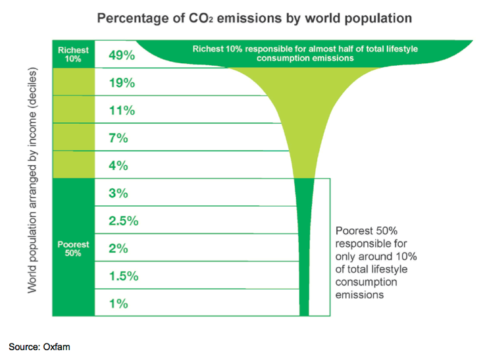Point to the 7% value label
(119, 138)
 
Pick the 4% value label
(119, 166)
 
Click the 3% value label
(119, 193)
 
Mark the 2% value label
(119, 249)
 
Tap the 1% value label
(119, 304)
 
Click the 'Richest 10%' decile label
(73, 54)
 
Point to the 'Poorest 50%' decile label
(73, 248)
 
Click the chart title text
(255, 18)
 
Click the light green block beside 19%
(73, 83)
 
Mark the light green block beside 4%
(73, 165)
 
